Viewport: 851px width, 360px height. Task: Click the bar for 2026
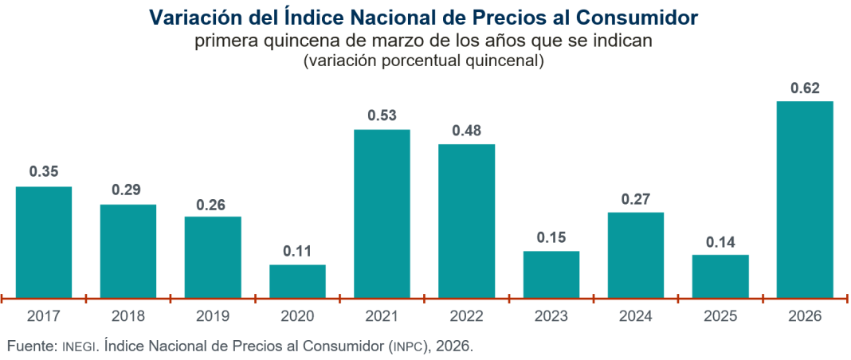[805, 199]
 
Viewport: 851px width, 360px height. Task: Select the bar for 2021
[382, 213]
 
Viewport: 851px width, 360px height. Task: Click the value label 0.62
[805, 88]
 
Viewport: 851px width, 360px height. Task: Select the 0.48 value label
[466, 131]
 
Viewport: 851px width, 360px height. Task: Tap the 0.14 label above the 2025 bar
[720, 242]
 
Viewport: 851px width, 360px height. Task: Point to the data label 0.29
[127, 191]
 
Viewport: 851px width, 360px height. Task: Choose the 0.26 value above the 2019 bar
[213, 203]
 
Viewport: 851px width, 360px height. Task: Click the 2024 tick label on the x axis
[635, 316]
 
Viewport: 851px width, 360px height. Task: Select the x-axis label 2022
[466, 316]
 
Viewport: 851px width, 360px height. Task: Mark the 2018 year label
[127, 316]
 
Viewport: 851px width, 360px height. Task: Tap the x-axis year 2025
[720, 316]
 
